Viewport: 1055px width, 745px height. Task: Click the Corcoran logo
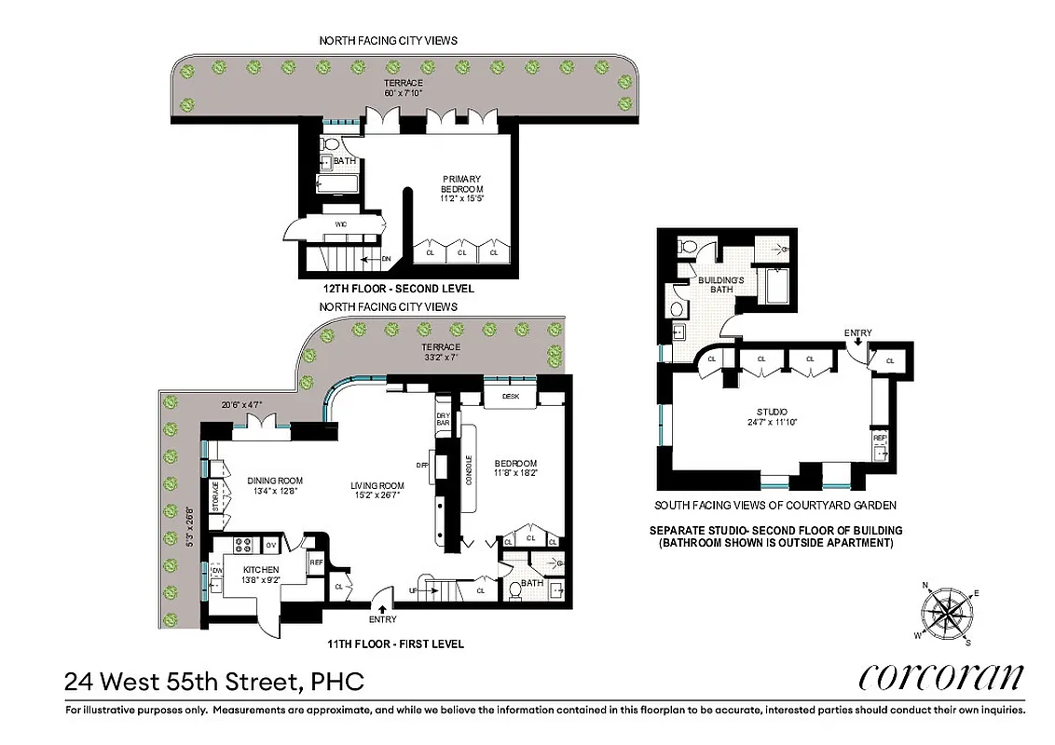(x=940, y=676)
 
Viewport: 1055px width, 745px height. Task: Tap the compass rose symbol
(x=949, y=613)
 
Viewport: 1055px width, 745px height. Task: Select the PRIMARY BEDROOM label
(x=462, y=186)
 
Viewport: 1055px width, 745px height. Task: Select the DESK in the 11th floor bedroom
(x=509, y=396)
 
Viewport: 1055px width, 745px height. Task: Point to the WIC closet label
(x=340, y=224)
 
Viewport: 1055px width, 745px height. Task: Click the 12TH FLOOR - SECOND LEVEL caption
(x=387, y=289)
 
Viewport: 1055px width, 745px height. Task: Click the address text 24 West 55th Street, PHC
(x=213, y=682)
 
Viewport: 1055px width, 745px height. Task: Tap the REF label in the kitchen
(x=316, y=562)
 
